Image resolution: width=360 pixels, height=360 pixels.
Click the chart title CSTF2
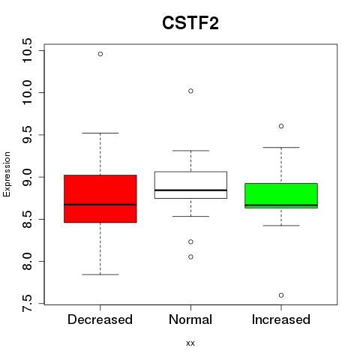click(x=190, y=23)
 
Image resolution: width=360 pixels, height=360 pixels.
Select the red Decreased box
click(x=100, y=199)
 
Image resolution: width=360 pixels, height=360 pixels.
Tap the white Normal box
click(x=190, y=185)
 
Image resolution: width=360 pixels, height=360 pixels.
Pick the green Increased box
click(x=281, y=196)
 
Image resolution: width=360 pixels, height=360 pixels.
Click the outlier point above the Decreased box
click(x=100, y=54)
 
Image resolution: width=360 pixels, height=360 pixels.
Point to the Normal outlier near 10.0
click(x=190, y=91)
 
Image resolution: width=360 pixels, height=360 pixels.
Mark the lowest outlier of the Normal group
click(x=190, y=256)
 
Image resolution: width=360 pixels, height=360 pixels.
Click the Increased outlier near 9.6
click(x=281, y=126)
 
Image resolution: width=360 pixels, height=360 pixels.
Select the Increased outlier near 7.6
click(x=281, y=295)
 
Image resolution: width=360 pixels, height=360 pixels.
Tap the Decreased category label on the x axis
click(x=100, y=319)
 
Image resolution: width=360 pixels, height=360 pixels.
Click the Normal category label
click(x=190, y=319)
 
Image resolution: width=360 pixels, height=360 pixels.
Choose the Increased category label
click(x=281, y=319)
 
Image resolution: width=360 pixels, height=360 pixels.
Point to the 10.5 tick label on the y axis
click(x=27, y=50)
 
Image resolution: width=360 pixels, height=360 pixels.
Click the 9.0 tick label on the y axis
click(x=27, y=177)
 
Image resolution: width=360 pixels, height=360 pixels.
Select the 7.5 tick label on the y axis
click(x=27, y=304)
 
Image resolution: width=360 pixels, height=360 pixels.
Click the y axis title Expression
click(x=7, y=174)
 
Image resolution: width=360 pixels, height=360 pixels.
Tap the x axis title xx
click(x=190, y=343)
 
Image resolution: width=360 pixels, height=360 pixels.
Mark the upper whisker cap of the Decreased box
click(x=100, y=133)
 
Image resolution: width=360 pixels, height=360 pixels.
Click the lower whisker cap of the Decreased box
click(x=100, y=274)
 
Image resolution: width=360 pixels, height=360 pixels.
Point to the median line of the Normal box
click(x=190, y=190)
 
